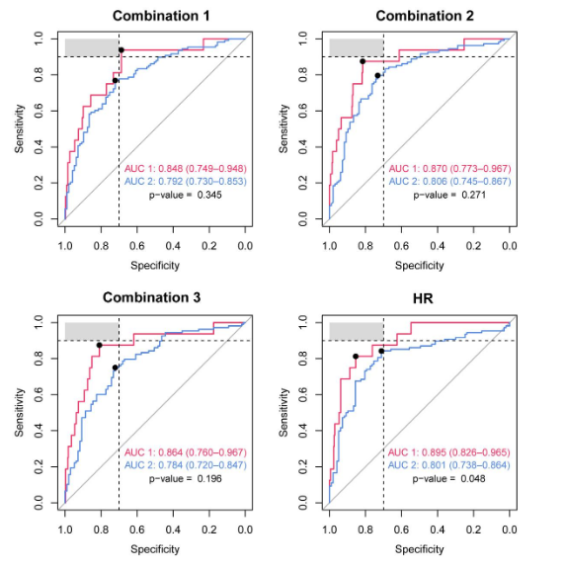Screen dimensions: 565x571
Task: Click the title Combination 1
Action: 161,16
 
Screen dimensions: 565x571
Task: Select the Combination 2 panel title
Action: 425,16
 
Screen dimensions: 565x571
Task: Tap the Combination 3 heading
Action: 151,297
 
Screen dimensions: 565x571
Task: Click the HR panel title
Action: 423,298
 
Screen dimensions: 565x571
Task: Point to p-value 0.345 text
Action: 186,195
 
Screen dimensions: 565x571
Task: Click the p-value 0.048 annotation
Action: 448,478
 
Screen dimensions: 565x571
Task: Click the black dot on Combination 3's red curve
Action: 100,345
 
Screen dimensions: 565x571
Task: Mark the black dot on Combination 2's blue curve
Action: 378,76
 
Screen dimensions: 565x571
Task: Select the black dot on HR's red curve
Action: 356,357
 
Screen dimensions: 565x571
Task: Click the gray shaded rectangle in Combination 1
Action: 92,47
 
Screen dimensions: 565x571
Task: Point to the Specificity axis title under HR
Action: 420,549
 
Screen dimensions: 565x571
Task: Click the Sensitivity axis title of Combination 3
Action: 19,412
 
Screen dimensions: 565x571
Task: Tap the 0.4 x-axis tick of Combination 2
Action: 438,246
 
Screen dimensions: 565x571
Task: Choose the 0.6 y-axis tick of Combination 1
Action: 39,111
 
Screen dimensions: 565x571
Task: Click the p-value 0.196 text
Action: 186,478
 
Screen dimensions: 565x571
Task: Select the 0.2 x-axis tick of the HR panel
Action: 473,530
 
